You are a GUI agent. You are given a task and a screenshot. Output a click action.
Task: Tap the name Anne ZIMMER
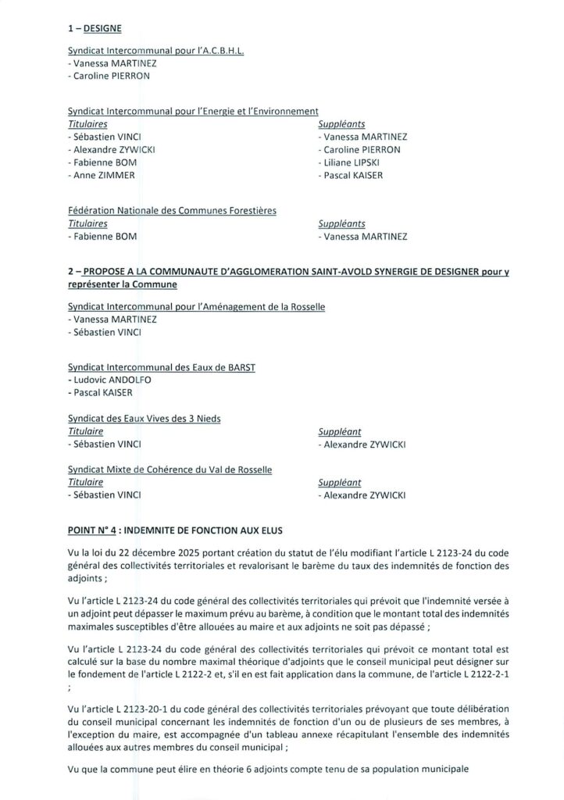point(102,175)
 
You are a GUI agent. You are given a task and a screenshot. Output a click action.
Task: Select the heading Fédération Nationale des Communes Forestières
point(172,209)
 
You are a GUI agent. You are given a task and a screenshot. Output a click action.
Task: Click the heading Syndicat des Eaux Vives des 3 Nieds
point(145,418)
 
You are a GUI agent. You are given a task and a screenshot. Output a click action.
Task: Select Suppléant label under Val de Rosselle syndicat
point(340,483)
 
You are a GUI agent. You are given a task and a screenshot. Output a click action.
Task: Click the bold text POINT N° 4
point(93,529)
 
